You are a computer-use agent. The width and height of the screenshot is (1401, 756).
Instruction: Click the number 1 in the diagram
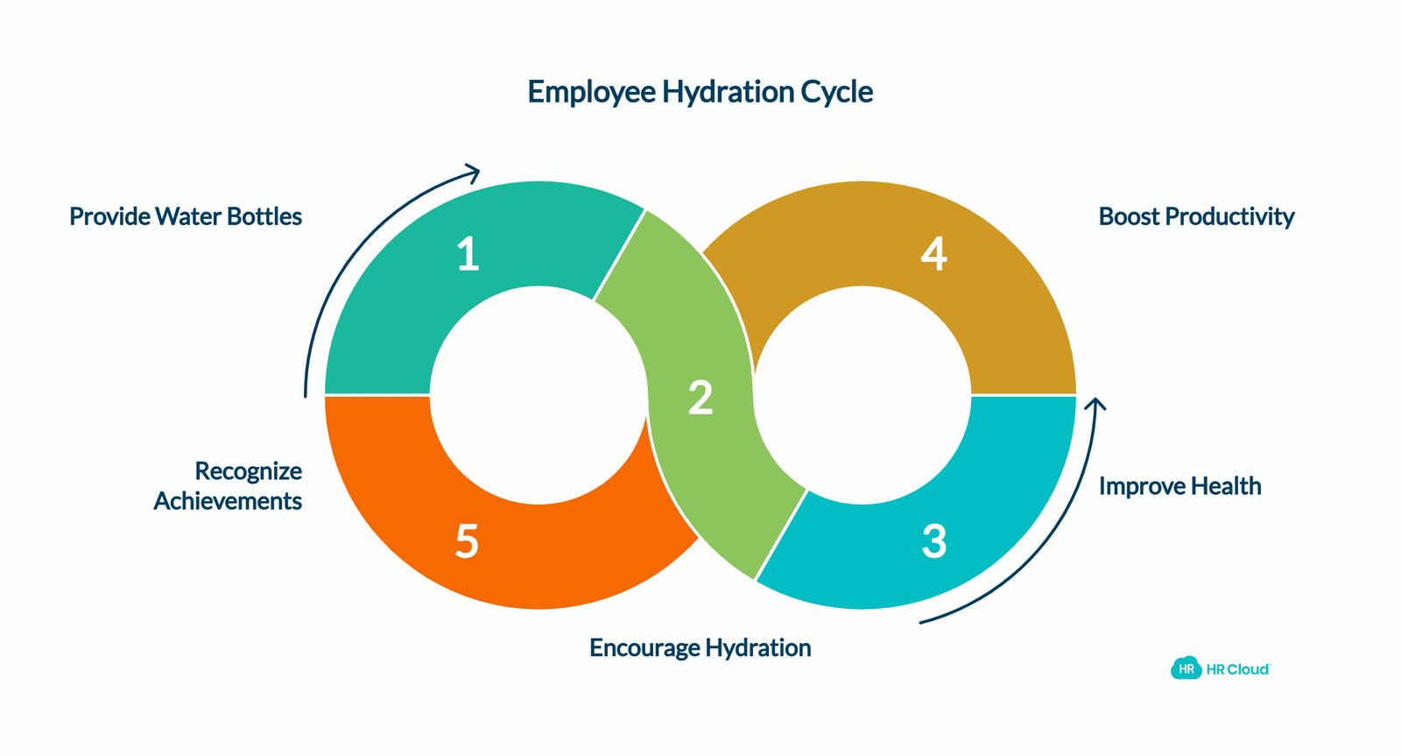click(468, 254)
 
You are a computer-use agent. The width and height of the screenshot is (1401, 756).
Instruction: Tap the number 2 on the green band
click(700, 398)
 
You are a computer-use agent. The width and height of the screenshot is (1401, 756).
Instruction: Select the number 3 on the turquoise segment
click(934, 541)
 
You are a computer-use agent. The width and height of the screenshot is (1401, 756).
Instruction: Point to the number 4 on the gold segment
click(934, 254)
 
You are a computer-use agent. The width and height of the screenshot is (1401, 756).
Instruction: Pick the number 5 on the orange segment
click(468, 541)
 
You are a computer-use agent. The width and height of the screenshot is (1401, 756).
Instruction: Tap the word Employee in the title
click(591, 93)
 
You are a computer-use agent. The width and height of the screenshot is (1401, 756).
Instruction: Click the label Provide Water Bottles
click(186, 216)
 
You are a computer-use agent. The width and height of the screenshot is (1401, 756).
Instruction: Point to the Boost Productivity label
click(1196, 217)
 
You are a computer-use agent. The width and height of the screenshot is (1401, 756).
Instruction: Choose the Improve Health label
click(1180, 486)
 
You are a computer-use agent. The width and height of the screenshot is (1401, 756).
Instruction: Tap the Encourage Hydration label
click(700, 648)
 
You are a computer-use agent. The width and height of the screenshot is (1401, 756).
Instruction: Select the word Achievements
click(228, 501)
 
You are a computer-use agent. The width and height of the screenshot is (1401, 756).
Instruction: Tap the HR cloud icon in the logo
click(1186, 668)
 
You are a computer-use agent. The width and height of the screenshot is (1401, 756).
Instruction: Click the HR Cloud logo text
click(1238, 669)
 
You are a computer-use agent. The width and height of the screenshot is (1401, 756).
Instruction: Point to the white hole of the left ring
click(539, 395)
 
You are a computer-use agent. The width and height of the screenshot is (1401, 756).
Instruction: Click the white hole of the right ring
click(862, 395)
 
